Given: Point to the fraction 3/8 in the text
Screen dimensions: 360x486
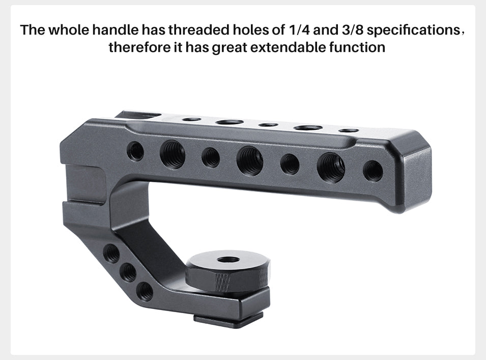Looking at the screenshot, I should tap(349, 30).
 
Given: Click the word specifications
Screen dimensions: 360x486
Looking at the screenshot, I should tap(413, 30).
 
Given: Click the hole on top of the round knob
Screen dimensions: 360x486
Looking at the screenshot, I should tap(227, 260).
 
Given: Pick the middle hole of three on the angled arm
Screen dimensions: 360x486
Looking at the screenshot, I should tap(128, 271).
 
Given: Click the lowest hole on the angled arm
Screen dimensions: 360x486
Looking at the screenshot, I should tap(145, 291).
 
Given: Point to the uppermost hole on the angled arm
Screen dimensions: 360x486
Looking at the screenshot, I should tap(111, 252).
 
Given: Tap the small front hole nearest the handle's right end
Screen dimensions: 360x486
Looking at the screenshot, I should tap(373, 171).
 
